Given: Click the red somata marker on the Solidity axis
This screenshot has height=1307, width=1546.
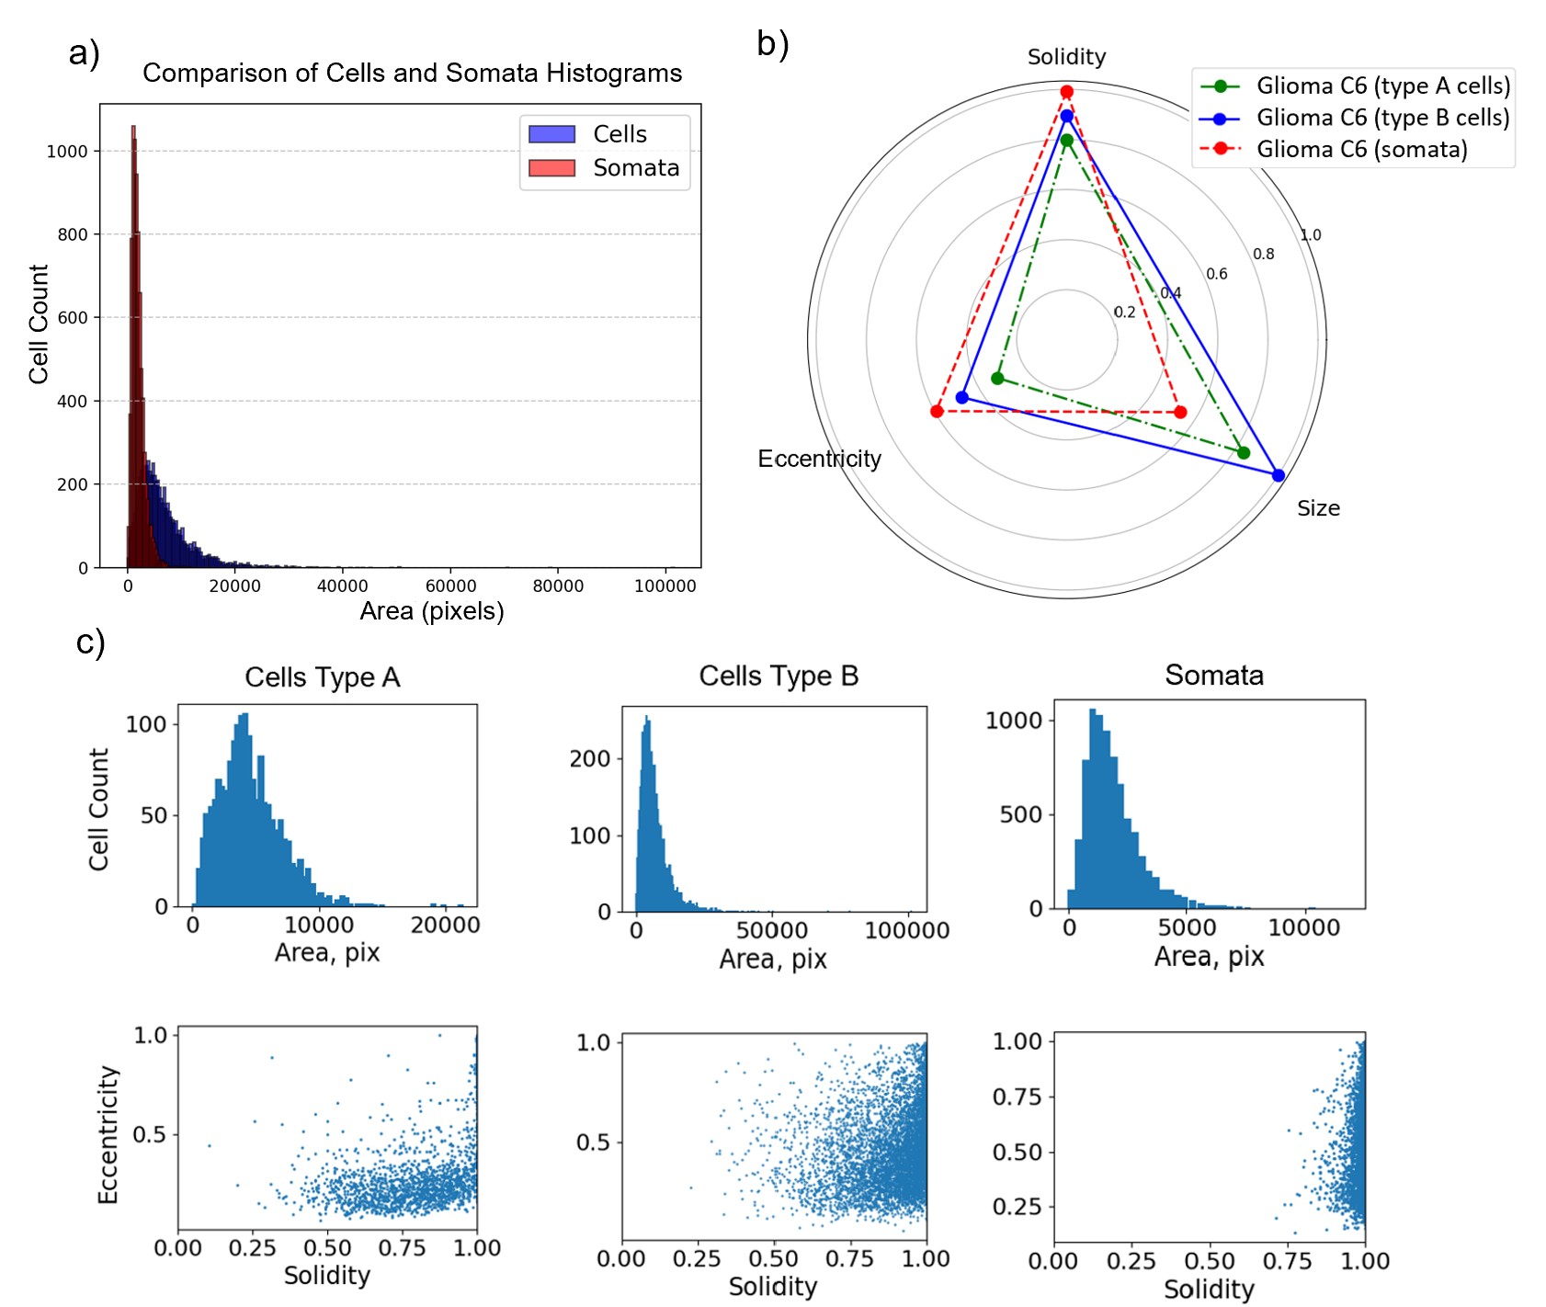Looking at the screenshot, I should tap(1066, 92).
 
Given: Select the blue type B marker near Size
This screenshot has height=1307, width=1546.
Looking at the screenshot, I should tap(1278, 475).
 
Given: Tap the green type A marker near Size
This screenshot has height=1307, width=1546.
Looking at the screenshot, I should tap(1243, 452).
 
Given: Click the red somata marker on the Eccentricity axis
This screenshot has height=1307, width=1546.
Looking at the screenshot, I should tap(937, 411).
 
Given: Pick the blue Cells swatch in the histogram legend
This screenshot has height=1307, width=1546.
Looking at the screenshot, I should tap(551, 134).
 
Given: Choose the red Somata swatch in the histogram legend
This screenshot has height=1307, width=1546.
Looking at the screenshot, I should tap(551, 168).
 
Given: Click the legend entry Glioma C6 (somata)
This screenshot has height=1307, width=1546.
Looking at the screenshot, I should tap(1361, 149).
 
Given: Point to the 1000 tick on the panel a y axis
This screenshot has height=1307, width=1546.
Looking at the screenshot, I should tap(67, 152).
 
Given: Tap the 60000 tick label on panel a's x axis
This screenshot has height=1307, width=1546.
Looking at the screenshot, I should tap(450, 586).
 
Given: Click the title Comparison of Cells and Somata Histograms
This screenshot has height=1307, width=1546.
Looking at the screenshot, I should tap(412, 74).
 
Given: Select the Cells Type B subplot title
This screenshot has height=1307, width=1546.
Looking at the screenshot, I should tap(779, 676).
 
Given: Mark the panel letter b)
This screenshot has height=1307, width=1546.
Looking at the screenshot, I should tap(772, 43).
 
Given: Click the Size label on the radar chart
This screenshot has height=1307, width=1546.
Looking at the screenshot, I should tap(1318, 508).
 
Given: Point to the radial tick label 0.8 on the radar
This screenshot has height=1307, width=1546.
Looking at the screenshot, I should tap(1263, 254).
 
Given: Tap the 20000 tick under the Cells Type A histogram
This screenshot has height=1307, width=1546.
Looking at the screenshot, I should tap(445, 925).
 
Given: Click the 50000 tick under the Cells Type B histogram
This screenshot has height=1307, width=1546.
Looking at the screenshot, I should tap(772, 930).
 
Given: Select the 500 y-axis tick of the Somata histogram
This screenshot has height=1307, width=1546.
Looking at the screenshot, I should tap(1020, 814).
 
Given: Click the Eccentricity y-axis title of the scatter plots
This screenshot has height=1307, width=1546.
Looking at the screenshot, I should tap(108, 1135).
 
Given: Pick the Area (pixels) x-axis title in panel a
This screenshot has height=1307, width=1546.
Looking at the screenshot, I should tap(431, 611).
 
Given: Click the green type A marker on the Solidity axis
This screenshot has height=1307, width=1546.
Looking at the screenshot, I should tap(1066, 141).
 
